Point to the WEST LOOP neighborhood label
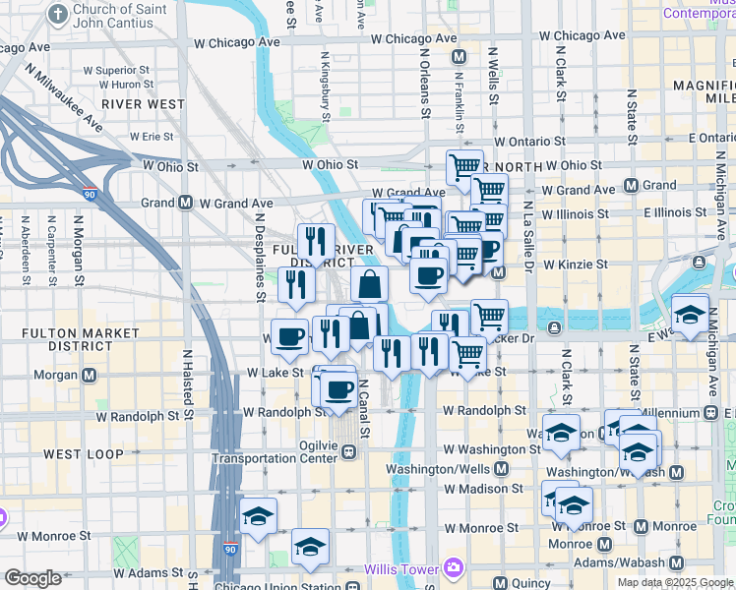(83, 454)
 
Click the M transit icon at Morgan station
(90, 375)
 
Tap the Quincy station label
(532, 582)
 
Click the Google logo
(32, 578)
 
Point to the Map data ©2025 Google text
(674, 581)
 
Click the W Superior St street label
(116, 71)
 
